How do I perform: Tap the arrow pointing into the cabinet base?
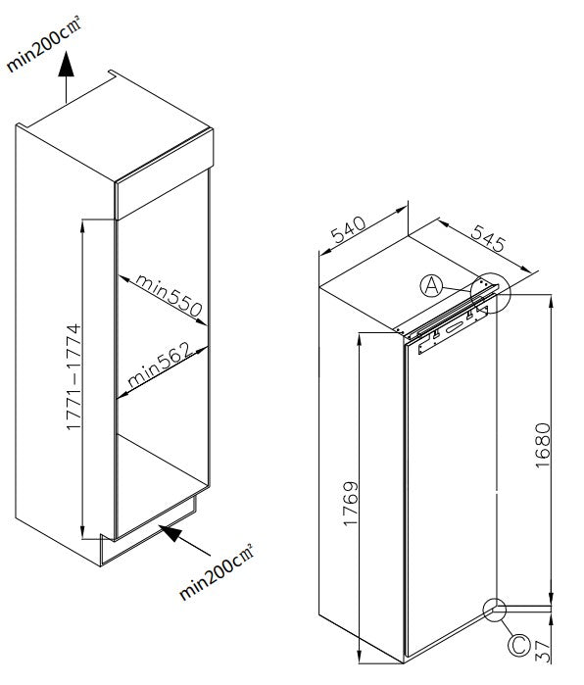pyautogui.click(x=172, y=534)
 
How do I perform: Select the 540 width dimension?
pyautogui.click(x=348, y=233)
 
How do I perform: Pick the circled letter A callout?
pyautogui.click(x=432, y=285)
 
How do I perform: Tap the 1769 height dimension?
pyautogui.click(x=352, y=504)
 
